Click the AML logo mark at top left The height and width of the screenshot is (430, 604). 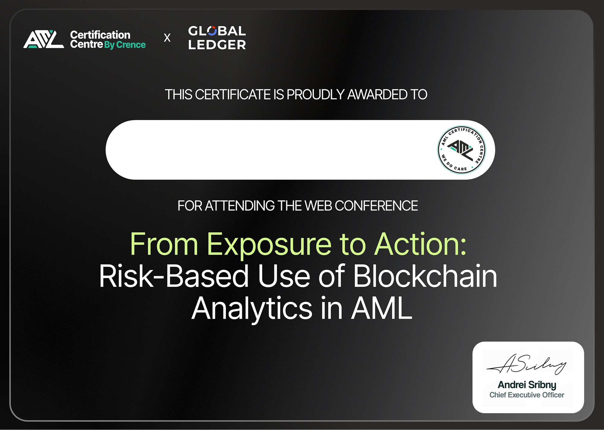pos(44,39)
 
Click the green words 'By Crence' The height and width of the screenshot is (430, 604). pos(125,45)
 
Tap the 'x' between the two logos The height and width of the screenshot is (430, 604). pos(167,38)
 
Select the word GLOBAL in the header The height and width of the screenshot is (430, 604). pos(217,31)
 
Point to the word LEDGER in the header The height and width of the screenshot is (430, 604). pos(217,45)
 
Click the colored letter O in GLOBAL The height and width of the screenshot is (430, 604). pos(212,31)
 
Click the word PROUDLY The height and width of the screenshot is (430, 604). pos(315,95)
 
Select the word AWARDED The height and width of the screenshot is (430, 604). pos(377,95)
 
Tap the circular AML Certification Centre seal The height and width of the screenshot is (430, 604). pos(461,150)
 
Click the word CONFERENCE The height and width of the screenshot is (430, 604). pos(376,206)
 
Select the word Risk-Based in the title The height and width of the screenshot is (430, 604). pos(174,276)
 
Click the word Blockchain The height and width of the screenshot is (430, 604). pos(425,276)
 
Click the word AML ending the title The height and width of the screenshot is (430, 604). pos(381,308)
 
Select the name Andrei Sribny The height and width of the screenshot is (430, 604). pos(527,385)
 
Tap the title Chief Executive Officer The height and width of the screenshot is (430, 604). pos(527,395)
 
